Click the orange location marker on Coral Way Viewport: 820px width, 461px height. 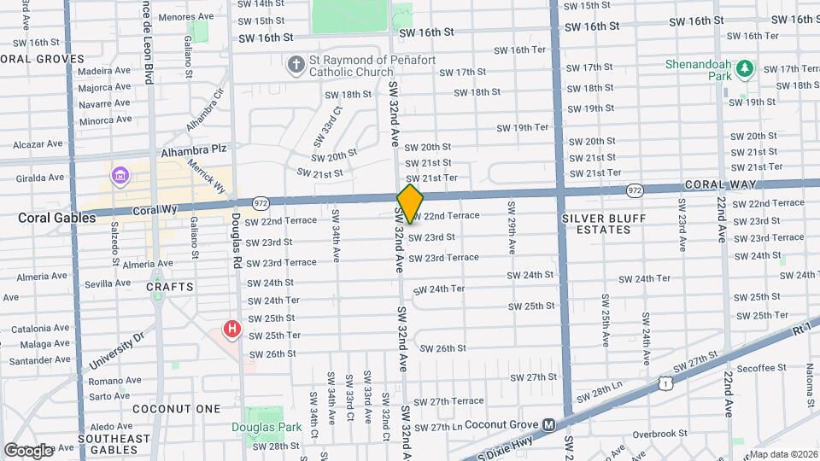click(x=410, y=203)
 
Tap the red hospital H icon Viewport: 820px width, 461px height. click(x=231, y=329)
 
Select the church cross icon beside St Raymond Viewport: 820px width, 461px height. click(x=296, y=66)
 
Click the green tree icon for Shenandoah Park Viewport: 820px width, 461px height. click(x=745, y=67)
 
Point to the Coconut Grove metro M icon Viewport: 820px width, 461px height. click(x=549, y=424)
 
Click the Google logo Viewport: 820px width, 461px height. click(x=28, y=450)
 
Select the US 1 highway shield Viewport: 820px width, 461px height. click(x=664, y=385)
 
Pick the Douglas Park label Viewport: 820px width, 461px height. click(x=260, y=427)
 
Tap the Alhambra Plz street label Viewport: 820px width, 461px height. click(x=194, y=149)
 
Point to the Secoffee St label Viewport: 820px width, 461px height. click(x=762, y=368)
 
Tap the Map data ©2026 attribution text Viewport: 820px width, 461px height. click(x=782, y=454)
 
